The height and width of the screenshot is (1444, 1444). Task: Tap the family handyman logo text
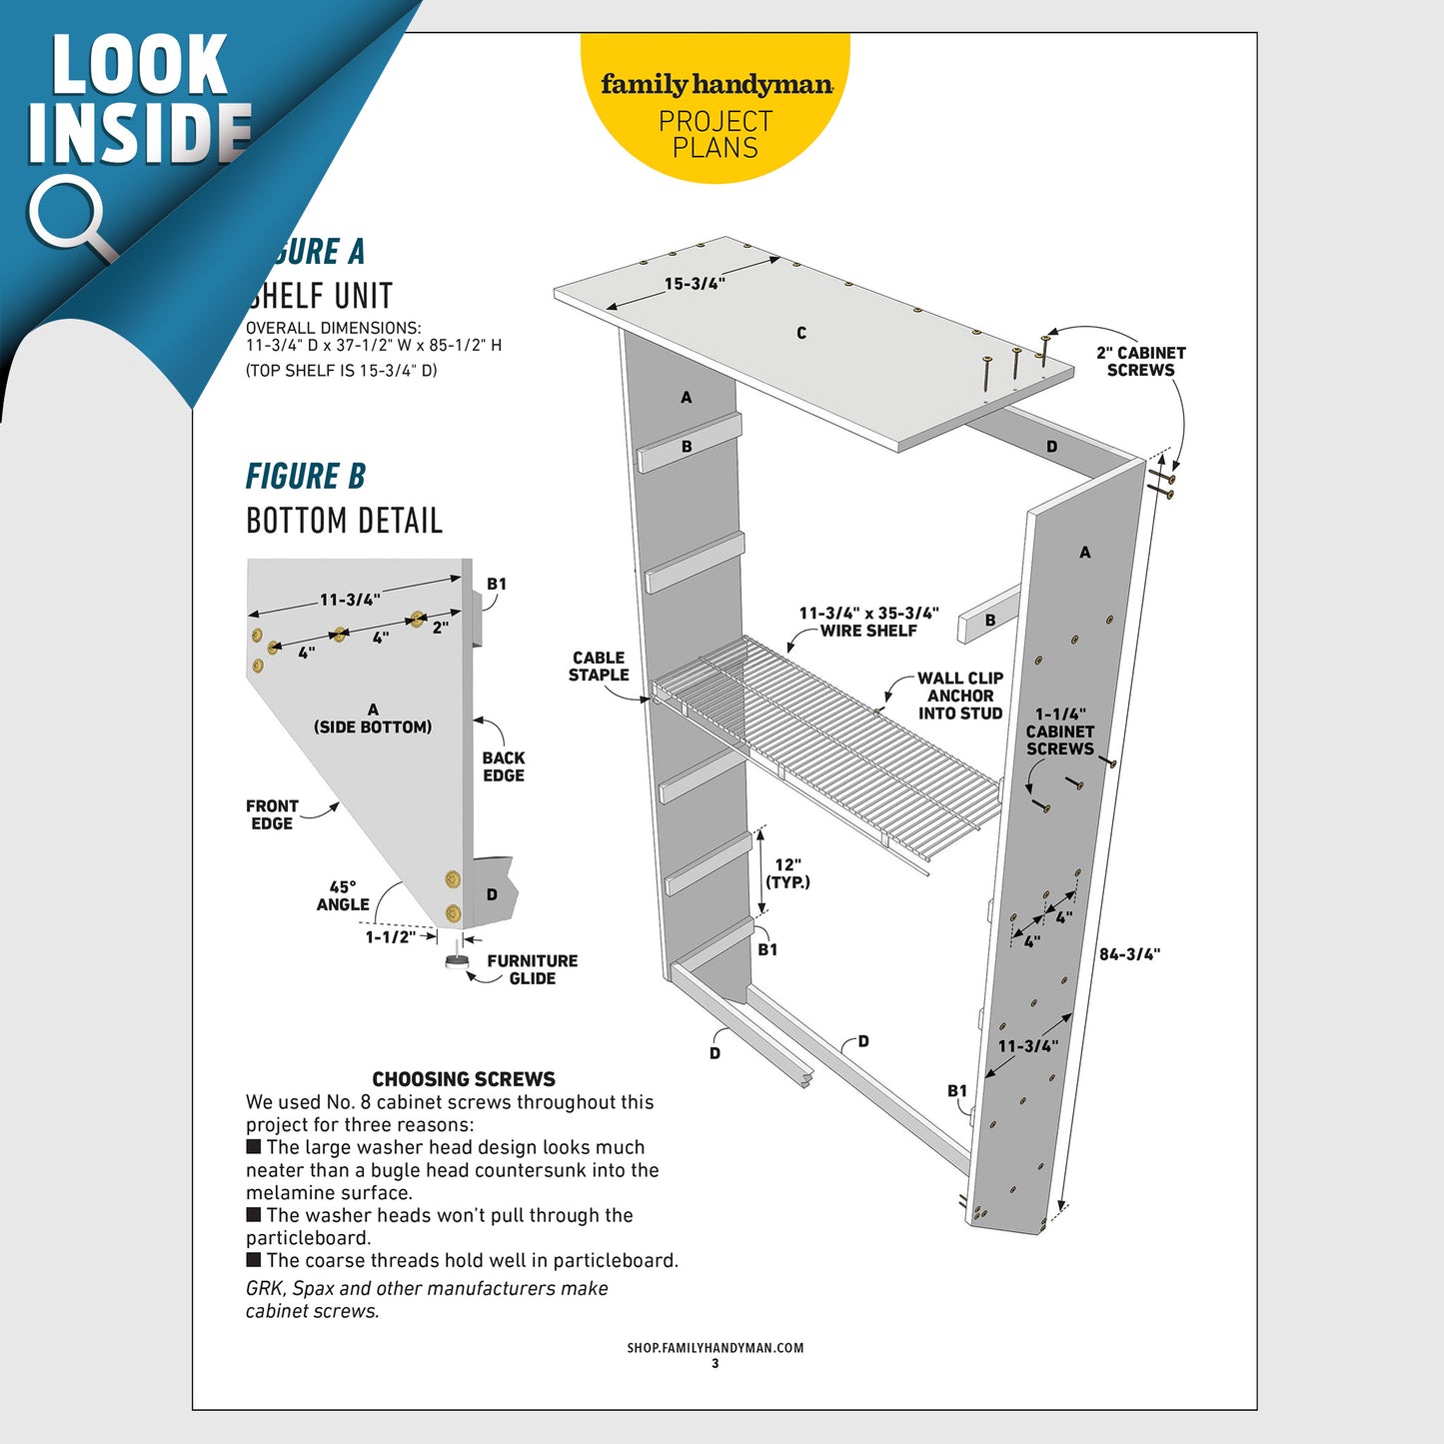point(716,85)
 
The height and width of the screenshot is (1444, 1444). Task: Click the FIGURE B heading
point(306,477)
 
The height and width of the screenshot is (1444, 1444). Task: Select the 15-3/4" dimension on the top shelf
point(695,284)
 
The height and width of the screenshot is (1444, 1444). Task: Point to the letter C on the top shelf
point(801,333)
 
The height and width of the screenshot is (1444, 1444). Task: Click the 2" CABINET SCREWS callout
point(1140,361)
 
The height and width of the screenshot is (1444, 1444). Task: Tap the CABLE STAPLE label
point(599,666)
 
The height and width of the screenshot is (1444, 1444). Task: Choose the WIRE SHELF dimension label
point(868,622)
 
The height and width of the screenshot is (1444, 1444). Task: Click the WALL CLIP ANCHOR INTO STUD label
point(960,696)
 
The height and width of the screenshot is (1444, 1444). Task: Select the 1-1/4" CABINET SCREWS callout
point(1060,731)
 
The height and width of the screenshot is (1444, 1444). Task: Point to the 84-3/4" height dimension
point(1129,954)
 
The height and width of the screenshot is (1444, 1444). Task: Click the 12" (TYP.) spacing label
point(787,873)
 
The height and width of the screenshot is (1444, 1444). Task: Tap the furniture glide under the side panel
point(457,961)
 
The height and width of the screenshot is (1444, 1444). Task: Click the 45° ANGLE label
point(343,895)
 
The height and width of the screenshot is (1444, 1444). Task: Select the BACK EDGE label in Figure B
point(504,766)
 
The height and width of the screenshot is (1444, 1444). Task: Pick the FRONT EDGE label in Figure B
point(272,814)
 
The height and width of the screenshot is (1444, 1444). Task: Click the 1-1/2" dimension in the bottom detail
point(390,937)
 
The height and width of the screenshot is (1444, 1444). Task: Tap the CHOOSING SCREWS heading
point(464,1079)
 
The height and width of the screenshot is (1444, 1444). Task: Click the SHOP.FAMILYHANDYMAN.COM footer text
point(716,1347)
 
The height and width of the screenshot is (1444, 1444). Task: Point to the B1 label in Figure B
point(497,584)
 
